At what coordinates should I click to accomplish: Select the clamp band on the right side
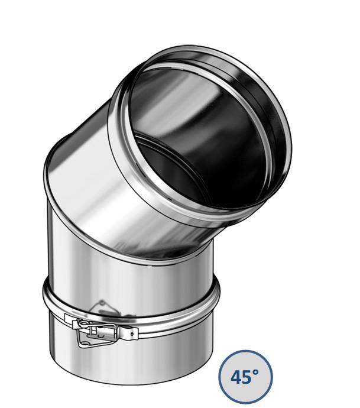201,307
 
